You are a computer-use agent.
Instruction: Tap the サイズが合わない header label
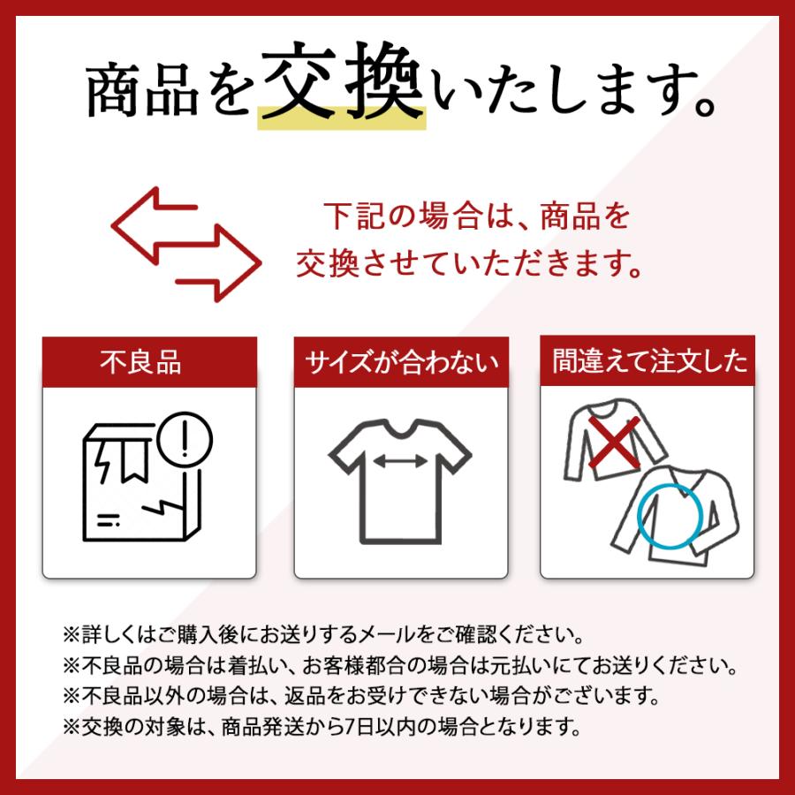tap(401, 363)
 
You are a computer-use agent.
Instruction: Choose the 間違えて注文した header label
tap(648, 362)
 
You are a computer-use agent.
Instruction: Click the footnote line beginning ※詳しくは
tap(322, 634)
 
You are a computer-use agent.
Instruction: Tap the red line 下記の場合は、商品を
tap(476, 216)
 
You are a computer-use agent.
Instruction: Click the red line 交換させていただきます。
tap(469, 261)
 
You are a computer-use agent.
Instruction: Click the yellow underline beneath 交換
tap(341, 120)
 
